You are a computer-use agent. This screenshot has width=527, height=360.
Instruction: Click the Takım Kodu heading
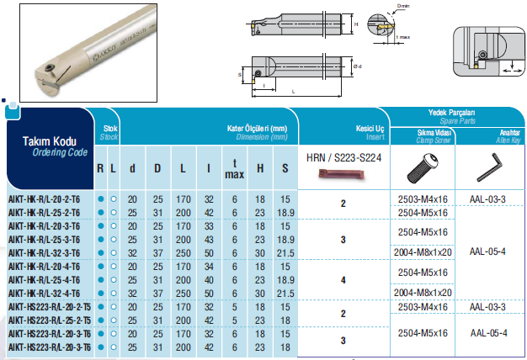click(x=50, y=141)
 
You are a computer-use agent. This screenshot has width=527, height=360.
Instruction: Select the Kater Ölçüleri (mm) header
click(x=257, y=129)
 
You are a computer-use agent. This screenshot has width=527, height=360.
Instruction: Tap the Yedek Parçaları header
click(x=451, y=113)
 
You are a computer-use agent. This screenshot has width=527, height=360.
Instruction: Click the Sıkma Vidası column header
click(x=434, y=133)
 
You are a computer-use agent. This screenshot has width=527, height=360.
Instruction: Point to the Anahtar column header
click(x=510, y=133)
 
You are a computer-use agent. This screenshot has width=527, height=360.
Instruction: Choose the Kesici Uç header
click(x=370, y=129)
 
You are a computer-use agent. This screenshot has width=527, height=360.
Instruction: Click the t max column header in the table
click(x=234, y=169)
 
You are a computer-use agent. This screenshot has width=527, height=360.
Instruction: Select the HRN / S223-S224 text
click(x=343, y=157)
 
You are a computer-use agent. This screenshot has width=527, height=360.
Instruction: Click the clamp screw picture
click(x=422, y=168)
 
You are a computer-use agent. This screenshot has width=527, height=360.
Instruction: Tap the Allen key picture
click(x=489, y=167)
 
